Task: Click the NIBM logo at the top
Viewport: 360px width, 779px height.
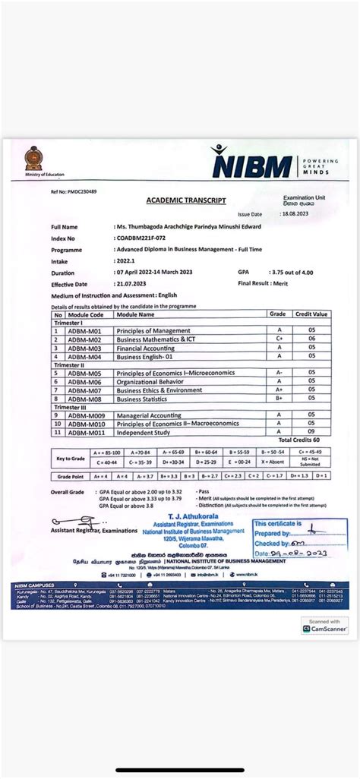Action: tap(251, 163)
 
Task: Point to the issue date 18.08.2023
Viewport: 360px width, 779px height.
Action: tap(295, 214)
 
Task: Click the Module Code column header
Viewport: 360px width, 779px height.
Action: tap(85, 314)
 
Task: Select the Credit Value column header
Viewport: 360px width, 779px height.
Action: tap(311, 314)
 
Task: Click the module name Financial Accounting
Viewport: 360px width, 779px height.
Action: tap(147, 348)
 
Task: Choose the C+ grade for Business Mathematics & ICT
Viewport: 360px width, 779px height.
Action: tap(279, 339)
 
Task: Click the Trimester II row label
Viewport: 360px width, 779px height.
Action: tap(70, 364)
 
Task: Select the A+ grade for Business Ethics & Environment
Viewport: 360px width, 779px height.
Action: tap(279, 390)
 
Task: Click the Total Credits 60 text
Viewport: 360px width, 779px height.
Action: tap(298, 440)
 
